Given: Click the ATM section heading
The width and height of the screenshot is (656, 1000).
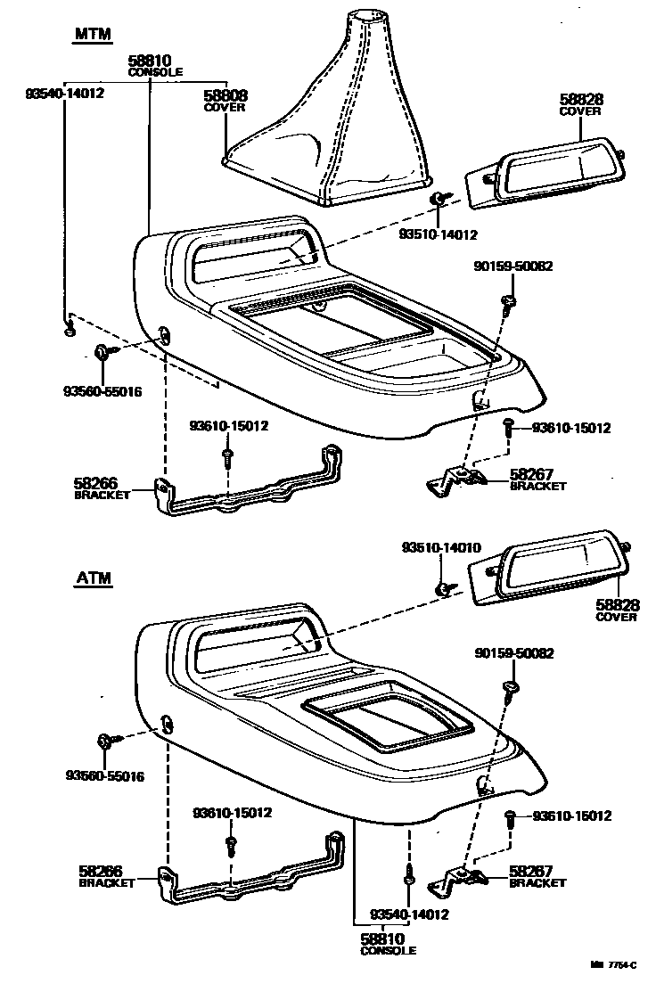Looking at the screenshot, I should pyautogui.click(x=93, y=578).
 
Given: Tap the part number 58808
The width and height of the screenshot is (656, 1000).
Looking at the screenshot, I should pyautogui.click(x=225, y=95).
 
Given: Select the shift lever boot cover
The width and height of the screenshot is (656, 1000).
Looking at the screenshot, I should pyautogui.click(x=329, y=116).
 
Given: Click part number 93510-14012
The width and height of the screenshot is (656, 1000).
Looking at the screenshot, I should pyautogui.click(x=439, y=235).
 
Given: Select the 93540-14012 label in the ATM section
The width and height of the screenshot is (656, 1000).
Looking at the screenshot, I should pyautogui.click(x=410, y=914).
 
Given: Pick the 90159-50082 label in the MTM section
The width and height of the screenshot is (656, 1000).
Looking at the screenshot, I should pyautogui.click(x=512, y=266).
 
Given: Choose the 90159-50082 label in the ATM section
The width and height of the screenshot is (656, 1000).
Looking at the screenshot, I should pyautogui.click(x=513, y=653).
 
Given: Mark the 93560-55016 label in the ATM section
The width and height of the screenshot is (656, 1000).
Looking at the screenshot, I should pyautogui.click(x=104, y=776).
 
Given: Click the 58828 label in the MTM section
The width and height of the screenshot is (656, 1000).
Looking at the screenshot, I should pyautogui.click(x=579, y=99).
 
